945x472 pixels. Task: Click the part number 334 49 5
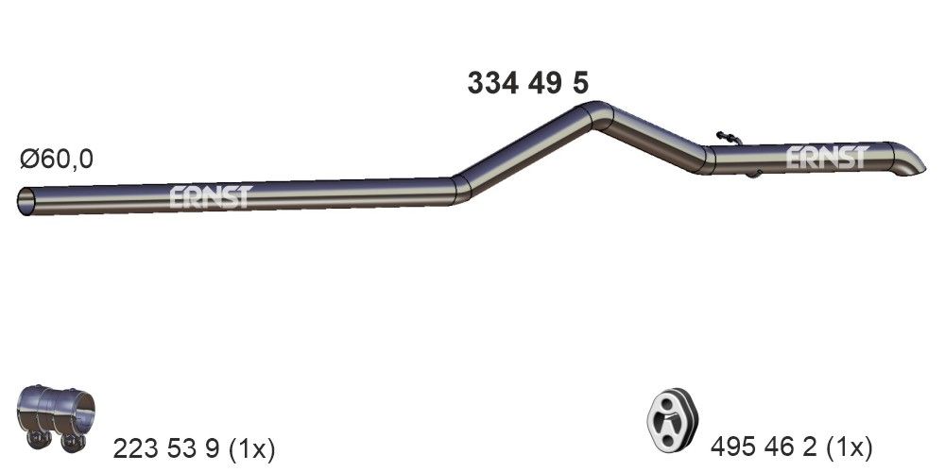527,83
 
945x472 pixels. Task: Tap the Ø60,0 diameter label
57,160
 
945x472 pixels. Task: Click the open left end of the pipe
26,200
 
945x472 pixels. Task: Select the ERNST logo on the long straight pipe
211,195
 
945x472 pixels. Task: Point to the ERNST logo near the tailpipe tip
826,157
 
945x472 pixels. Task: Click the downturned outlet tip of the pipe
910,164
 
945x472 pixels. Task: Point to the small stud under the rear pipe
752,174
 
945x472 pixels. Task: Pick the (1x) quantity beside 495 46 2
850,446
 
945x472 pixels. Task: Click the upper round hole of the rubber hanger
669,403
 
